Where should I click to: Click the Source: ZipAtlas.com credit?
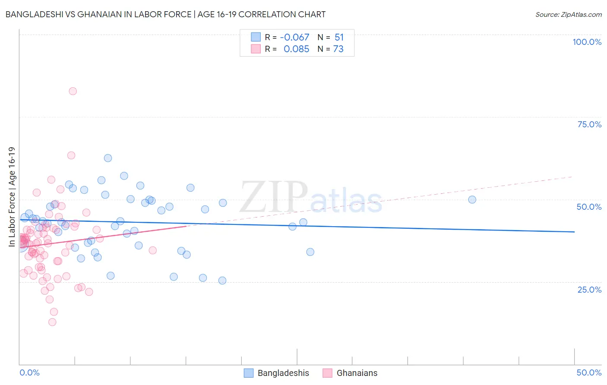[x=568, y=14]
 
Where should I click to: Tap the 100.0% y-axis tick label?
[x=587, y=42]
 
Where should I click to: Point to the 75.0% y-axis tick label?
[x=589, y=124]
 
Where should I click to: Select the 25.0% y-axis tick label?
[x=589, y=289]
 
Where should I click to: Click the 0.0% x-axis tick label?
[x=29, y=372]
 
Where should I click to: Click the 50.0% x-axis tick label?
[x=589, y=372]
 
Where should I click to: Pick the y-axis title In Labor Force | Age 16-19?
[x=12, y=197]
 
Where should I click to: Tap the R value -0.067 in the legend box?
[x=294, y=37]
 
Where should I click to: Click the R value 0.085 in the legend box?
[x=296, y=49]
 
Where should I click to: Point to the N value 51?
[x=339, y=37]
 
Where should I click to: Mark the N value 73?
[x=338, y=49]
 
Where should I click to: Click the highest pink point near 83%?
[x=73, y=91]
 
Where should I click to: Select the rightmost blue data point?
[x=472, y=199]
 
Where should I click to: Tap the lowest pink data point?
[x=52, y=322]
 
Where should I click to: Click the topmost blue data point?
[x=108, y=158]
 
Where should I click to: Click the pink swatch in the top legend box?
[x=256, y=49]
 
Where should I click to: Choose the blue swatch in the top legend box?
[x=256, y=37]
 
